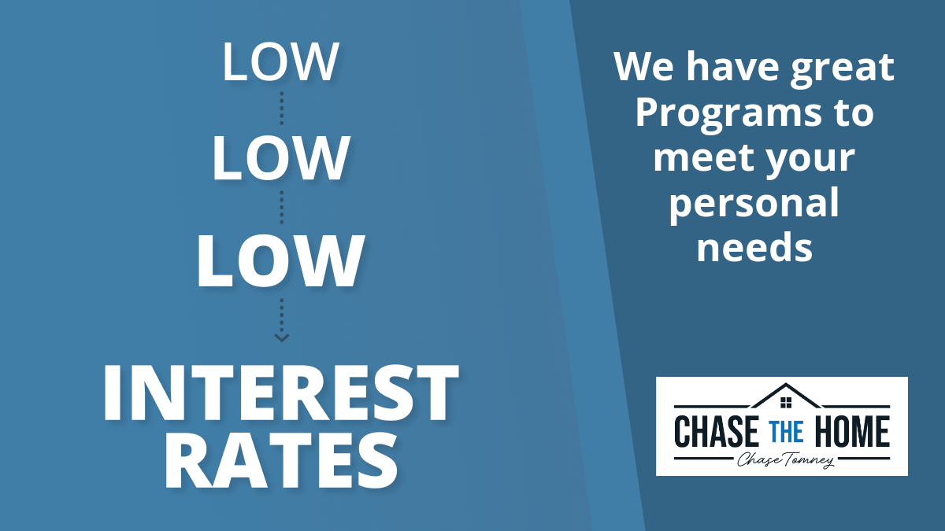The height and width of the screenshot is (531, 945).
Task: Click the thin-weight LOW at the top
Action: pyautogui.click(x=280, y=61)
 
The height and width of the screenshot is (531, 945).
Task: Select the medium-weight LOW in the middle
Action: pyautogui.click(x=280, y=158)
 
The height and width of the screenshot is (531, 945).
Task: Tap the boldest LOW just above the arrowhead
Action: pyautogui.click(x=280, y=261)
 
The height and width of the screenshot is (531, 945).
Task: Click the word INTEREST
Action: pyautogui.click(x=280, y=393)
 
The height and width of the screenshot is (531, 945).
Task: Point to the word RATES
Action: pyautogui.click(x=281, y=461)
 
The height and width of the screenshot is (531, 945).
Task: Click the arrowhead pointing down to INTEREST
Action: pyautogui.click(x=282, y=337)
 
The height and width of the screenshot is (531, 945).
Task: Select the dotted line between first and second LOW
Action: pyautogui.click(x=282, y=109)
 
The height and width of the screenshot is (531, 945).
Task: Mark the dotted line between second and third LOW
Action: pyautogui.click(x=282, y=207)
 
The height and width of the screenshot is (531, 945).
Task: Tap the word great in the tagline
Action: pyautogui.click(x=842, y=68)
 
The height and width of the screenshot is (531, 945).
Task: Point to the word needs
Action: pyautogui.click(x=754, y=247)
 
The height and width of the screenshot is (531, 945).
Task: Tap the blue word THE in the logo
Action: pyautogui.click(x=786, y=432)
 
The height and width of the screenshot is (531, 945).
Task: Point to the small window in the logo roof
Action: pyautogui.click(x=786, y=403)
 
